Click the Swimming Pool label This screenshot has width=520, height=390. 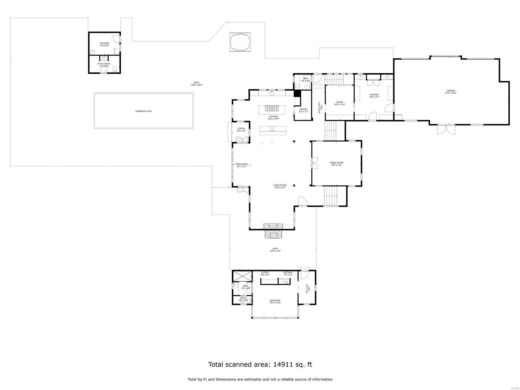[143, 111]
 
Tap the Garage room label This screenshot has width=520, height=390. [450, 91]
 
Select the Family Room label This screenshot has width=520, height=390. [336, 163]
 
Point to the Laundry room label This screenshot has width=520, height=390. [374, 95]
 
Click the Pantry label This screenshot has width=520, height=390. [304, 109]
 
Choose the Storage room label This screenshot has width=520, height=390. [104, 43]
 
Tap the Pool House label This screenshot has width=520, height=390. [104, 64]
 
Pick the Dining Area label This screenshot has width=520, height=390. [241, 164]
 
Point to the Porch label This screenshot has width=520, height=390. [241, 128]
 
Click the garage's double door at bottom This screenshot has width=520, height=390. [446, 130]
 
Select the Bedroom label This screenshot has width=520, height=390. [275, 300]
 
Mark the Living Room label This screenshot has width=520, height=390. [279, 185]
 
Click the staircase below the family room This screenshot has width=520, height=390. [331, 196]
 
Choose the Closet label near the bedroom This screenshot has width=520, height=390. [265, 272]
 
